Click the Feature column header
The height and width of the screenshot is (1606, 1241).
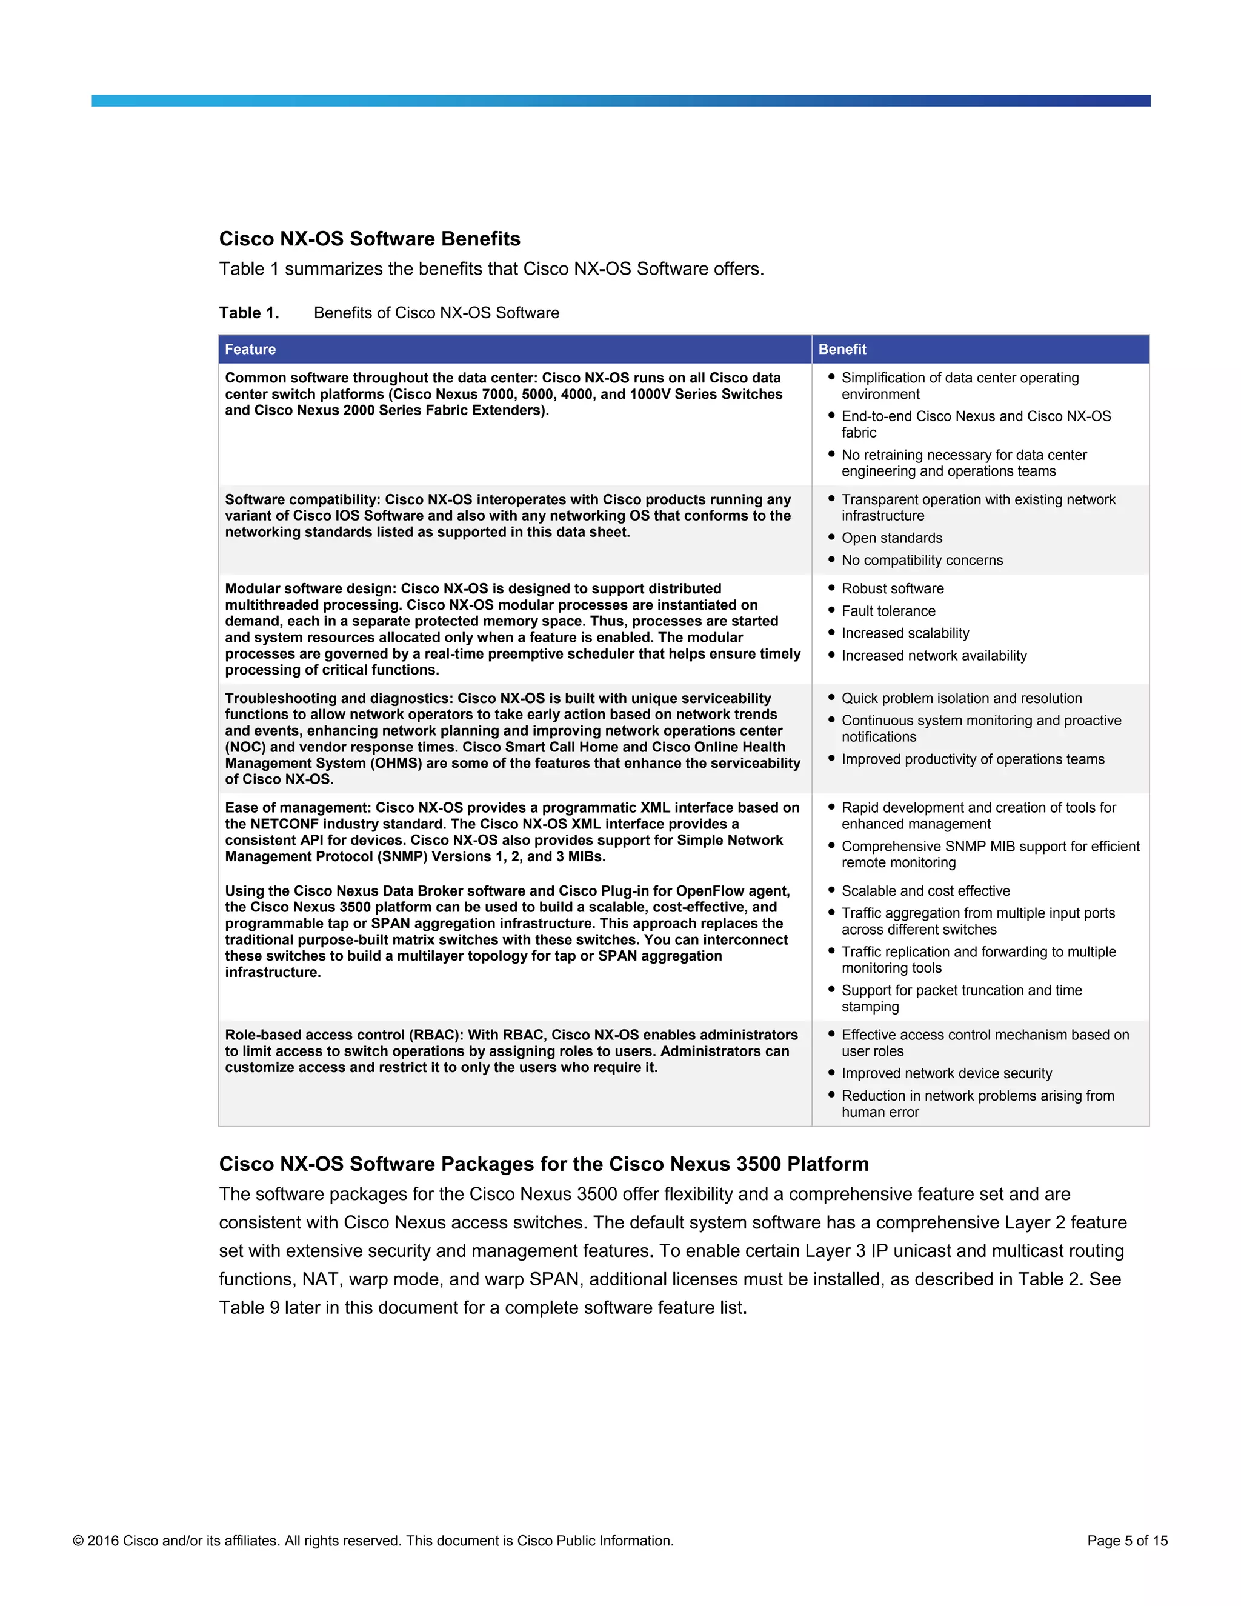pos(251,349)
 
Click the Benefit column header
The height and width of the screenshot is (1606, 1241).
pos(842,349)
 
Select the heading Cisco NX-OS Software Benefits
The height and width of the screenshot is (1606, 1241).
pos(369,239)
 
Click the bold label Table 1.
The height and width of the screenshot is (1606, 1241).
pos(249,313)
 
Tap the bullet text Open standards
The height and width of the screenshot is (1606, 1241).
pos(892,538)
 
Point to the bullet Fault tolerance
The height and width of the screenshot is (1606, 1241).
pos(888,611)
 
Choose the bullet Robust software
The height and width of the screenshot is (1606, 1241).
pos(893,589)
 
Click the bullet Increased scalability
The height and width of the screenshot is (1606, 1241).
pos(905,633)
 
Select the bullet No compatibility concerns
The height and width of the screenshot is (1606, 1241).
pos(922,561)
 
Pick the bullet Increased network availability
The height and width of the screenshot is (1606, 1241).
pos(934,656)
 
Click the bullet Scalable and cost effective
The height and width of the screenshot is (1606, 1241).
pos(926,891)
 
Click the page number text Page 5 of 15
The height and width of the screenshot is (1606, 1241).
pos(1127,1541)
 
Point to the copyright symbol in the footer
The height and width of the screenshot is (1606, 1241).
pos(78,1541)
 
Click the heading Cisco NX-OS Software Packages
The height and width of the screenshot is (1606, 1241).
pos(544,1164)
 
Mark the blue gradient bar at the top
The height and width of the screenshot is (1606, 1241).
pos(620,101)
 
